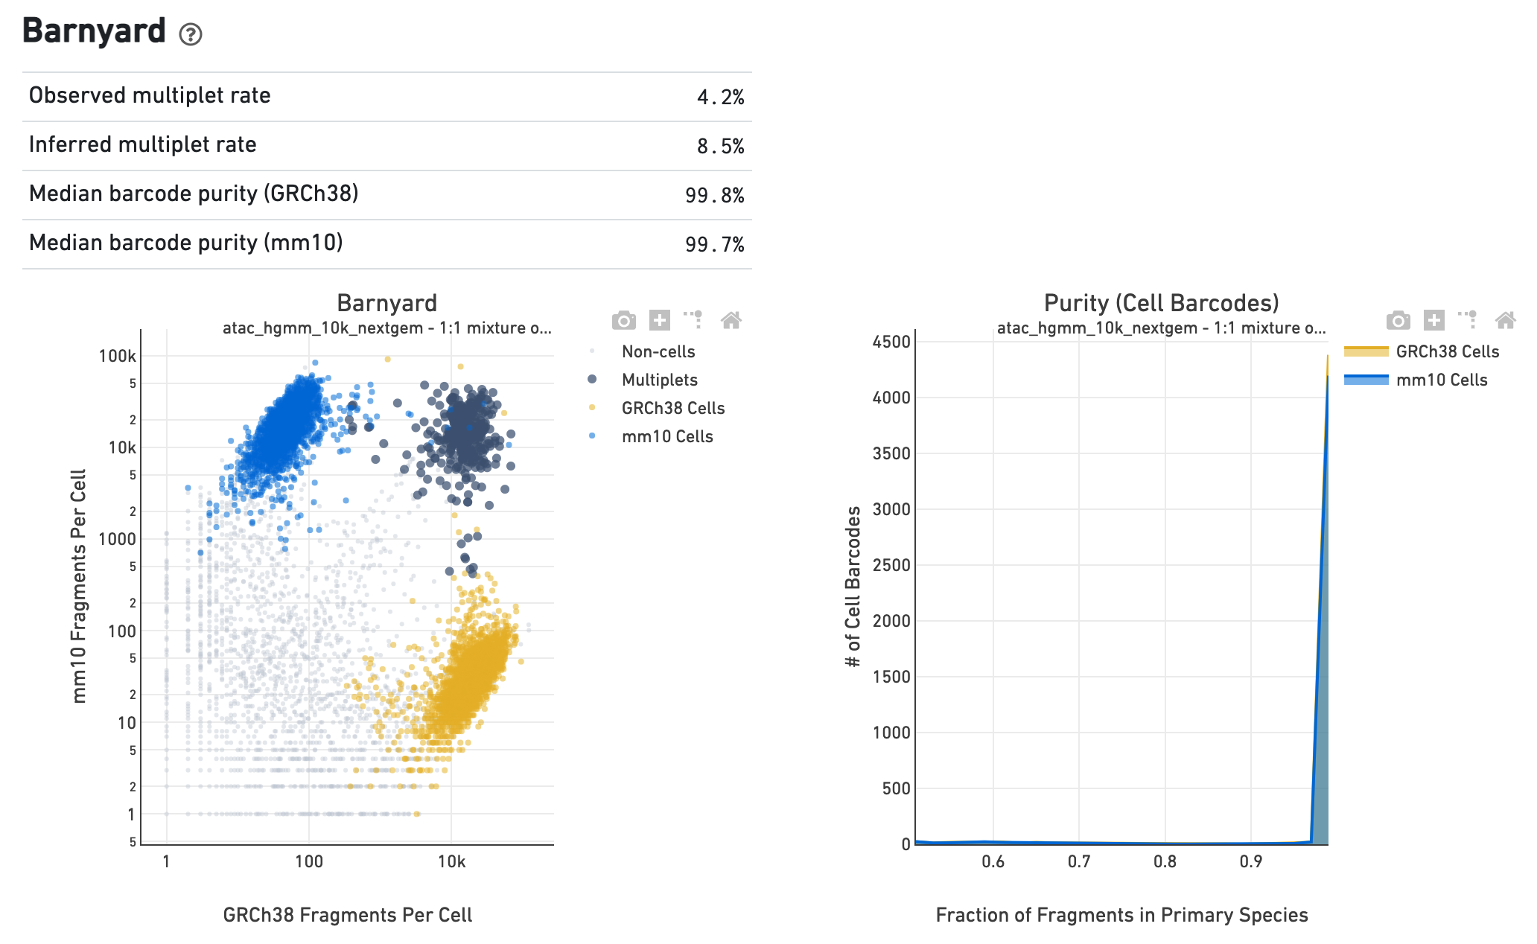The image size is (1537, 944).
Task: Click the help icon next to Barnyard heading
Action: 191,34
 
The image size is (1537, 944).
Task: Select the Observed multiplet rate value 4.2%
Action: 720,98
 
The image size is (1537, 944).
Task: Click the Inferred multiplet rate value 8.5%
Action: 720,147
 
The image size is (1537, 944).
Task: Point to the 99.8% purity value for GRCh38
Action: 714,196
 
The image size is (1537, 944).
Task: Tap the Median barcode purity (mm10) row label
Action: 185,243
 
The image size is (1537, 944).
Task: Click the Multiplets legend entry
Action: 659,380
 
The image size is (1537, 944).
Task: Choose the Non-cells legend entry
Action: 658,351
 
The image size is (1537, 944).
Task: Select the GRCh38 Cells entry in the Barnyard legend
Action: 672,408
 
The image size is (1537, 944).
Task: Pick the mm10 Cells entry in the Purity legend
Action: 1441,380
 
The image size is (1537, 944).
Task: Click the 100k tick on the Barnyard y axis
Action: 118,356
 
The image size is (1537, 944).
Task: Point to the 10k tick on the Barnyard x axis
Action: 451,862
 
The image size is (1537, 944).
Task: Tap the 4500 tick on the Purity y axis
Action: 891,342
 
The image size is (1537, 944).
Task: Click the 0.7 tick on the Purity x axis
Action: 1079,862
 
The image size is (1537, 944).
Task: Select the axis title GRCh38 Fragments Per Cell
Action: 348,915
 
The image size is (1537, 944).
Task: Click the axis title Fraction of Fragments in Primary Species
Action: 1121,915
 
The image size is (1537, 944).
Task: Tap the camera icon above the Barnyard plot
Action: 624,320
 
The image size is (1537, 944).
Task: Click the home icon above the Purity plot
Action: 1505,320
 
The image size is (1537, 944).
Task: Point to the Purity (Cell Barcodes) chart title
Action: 1161,303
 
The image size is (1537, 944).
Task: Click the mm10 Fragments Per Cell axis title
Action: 79,586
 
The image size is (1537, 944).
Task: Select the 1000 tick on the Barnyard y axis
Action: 118,539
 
